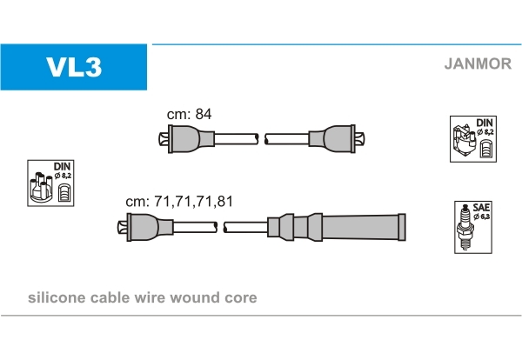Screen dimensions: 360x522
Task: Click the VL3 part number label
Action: coord(74,67)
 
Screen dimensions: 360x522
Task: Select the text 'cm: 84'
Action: coord(190,114)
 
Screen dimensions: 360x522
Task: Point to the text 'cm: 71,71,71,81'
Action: coord(179,201)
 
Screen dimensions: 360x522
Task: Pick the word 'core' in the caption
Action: coord(239,298)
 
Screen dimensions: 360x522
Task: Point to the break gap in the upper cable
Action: coord(261,138)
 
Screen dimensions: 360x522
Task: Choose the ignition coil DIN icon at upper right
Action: coord(473,138)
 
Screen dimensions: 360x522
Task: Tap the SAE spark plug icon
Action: coord(469,227)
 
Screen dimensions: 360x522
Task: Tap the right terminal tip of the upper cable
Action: coord(367,138)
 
